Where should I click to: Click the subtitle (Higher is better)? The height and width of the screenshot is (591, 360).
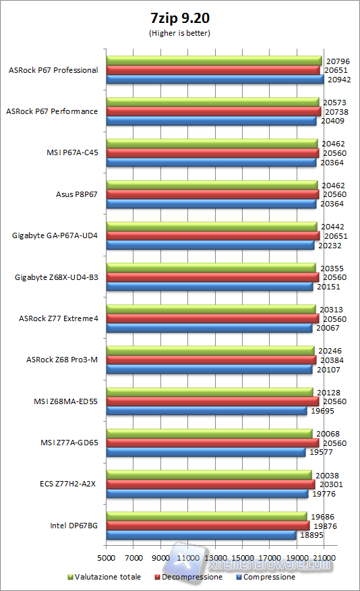pos(179,32)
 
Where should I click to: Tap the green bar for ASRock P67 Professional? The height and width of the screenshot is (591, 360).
pos(214,61)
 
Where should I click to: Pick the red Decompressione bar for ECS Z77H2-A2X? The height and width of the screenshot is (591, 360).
pos(210,484)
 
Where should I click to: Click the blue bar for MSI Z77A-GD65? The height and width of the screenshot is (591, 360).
pos(206,453)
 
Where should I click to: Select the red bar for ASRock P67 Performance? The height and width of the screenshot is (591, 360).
pos(213,111)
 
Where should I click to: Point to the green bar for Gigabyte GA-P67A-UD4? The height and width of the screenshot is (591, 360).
pos(212,225)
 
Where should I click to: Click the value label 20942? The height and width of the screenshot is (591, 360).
pos(338,80)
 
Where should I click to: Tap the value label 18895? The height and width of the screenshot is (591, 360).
pos(311,535)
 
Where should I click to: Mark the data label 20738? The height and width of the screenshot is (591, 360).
pos(334,111)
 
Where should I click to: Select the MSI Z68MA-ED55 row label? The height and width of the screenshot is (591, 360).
pos(66,401)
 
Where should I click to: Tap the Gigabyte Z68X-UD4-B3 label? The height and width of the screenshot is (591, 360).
pos(56,277)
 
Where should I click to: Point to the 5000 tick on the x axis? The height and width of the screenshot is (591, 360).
pos(106,558)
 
